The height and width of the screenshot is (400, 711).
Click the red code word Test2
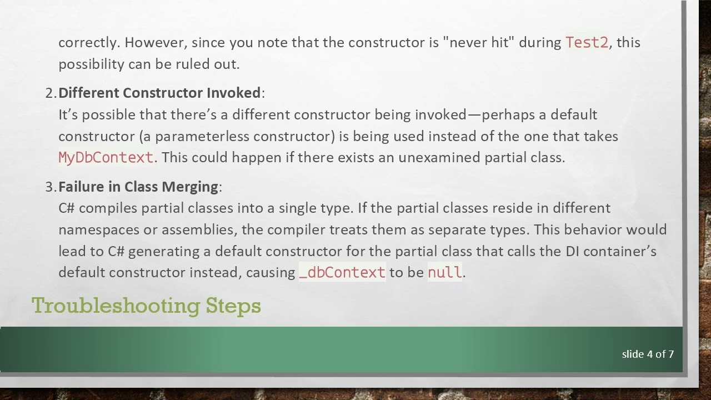[x=587, y=43]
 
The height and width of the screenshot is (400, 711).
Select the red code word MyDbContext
[x=106, y=158]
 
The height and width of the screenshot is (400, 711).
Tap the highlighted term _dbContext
[x=342, y=272]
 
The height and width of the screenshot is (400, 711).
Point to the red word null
[x=444, y=272]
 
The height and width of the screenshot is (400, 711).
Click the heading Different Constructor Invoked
[x=159, y=93]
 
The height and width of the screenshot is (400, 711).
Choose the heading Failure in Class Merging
[x=138, y=187]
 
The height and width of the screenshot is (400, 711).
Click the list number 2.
[x=50, y=93]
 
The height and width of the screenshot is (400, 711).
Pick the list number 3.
[x=50, y=187]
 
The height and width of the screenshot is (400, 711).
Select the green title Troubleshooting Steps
[x=146, y=306]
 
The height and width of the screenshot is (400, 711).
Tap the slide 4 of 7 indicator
[x=648, y=354]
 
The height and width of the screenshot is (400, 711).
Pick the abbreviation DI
[x=573, y=251]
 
